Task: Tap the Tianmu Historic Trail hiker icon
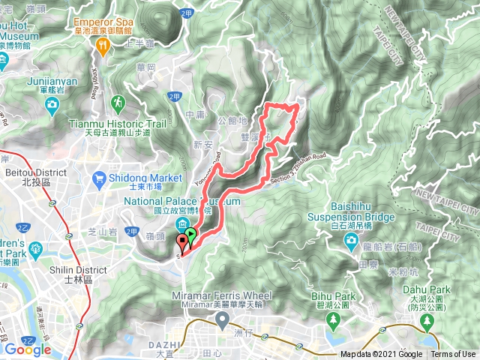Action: tap(118, 101)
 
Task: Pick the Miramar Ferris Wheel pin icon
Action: tap(222, 321)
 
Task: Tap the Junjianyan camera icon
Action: tap(50, 104)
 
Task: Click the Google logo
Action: tap(27, 349)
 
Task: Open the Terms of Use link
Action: tap(453, 355)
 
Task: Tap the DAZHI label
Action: tap(172, 344)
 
